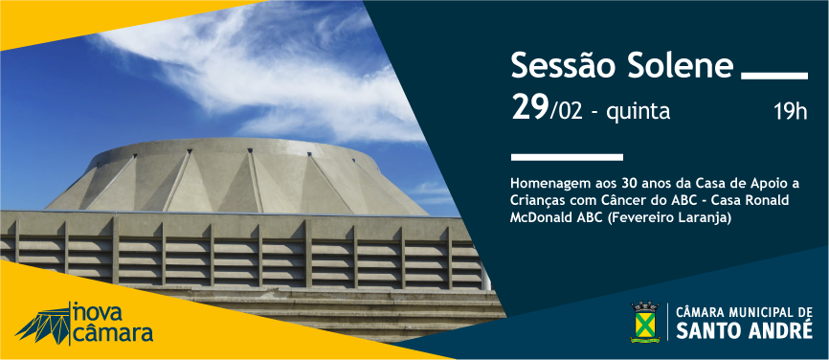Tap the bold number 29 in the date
[x=529, y=108]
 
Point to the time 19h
[x=791, y=112]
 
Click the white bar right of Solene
[x=774, y=76]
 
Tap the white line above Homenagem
[x=567, y=156]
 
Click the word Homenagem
[x=542, y=185]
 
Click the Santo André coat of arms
[x=644, y=322]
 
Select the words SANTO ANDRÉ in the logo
[x=744, y=330]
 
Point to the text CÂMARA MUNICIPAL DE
[x=744, y=312]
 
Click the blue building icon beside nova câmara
[x=42, y=324]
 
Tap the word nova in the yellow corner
[x=98, y=312]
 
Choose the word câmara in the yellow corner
[x=113, y=333]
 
